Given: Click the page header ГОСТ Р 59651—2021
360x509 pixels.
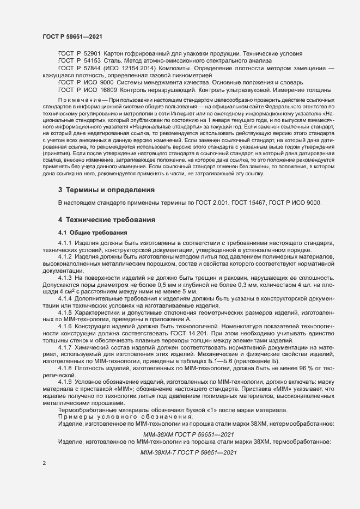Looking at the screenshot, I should [x=71, y=36].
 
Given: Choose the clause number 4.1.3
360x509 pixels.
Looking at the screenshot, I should [x=65, y=278].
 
